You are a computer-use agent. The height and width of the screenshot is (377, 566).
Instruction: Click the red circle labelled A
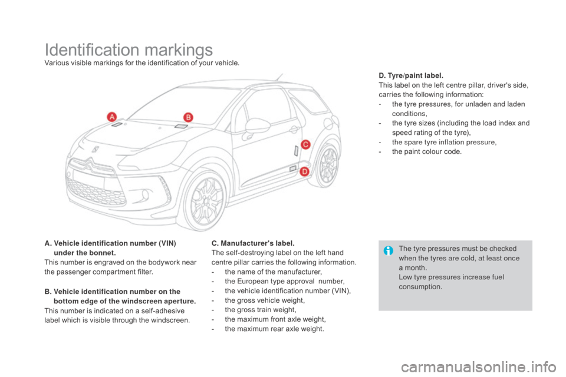coord(110,117)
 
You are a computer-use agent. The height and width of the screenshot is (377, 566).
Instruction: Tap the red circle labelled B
coord(186,117)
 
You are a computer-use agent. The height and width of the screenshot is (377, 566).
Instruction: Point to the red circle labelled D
coord(305,171)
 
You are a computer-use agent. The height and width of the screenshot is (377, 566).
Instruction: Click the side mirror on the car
coord(255,125)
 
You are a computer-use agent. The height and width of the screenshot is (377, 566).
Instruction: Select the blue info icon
coord(388,250)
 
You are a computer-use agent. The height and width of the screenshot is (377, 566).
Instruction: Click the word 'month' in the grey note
coord(417,267)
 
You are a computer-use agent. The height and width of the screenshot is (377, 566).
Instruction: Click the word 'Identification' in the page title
coord(88,51)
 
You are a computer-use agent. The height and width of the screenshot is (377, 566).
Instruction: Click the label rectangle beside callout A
coord(117,124)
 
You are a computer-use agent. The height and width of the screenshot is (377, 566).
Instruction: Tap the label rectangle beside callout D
coord(292,169)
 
